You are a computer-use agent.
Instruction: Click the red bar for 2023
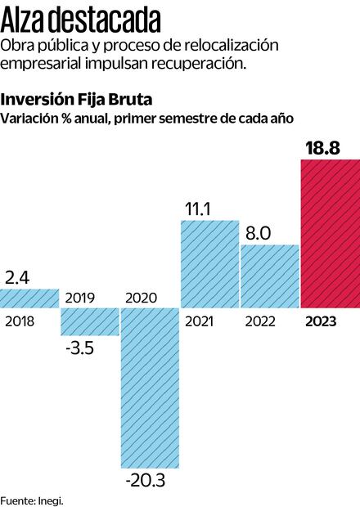click(330, 234)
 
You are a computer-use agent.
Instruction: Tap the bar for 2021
click(209, 263)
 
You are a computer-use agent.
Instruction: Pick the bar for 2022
click(269, 276)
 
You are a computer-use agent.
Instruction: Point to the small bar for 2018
click(29, 298)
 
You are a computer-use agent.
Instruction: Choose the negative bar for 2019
click(89, 321)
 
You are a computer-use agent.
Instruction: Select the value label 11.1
click(199, 210)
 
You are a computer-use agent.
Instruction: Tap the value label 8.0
click(259, 234)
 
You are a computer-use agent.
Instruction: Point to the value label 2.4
click(18, 276)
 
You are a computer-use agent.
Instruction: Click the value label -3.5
click(79, 349)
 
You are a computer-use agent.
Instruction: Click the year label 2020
click(140, 297)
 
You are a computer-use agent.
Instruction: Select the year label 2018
click(20, 321)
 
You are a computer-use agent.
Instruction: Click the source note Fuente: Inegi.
click(32, 500)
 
